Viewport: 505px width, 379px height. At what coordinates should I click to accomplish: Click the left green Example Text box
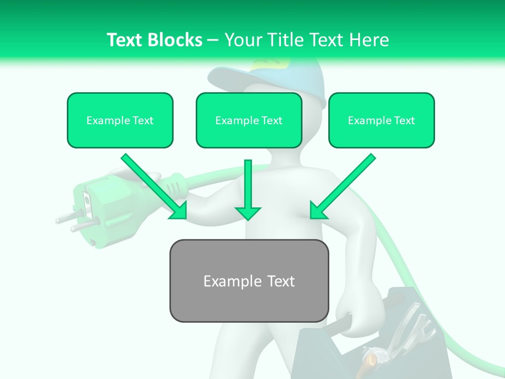click(x=120, y=120)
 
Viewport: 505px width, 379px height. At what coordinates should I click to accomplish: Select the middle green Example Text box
click(x=249, y=120)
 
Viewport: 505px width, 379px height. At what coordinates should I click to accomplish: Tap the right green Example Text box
click(x=381, y=120)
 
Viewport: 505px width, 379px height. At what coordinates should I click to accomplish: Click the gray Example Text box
click(x=249, y=281)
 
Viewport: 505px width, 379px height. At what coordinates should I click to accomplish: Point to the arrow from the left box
click(x=153, y=184)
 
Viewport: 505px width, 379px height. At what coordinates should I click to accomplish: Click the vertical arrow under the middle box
click(x=248, y=189)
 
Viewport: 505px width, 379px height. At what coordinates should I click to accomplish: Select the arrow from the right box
click(x=345, y=184)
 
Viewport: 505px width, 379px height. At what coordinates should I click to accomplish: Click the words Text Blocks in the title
click(x=154, y=40)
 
